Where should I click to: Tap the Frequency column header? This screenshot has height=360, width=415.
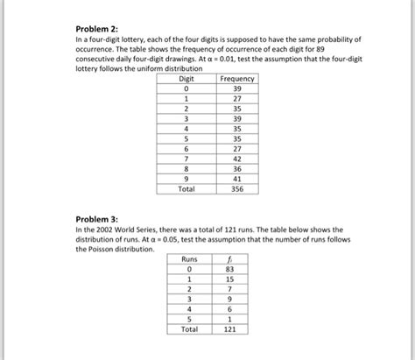coord(236,79)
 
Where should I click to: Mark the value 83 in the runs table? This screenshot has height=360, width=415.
coord(229,269)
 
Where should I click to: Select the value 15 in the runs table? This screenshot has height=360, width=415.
coord(229,279)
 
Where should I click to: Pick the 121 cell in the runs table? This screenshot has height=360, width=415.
coord(229,329)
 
